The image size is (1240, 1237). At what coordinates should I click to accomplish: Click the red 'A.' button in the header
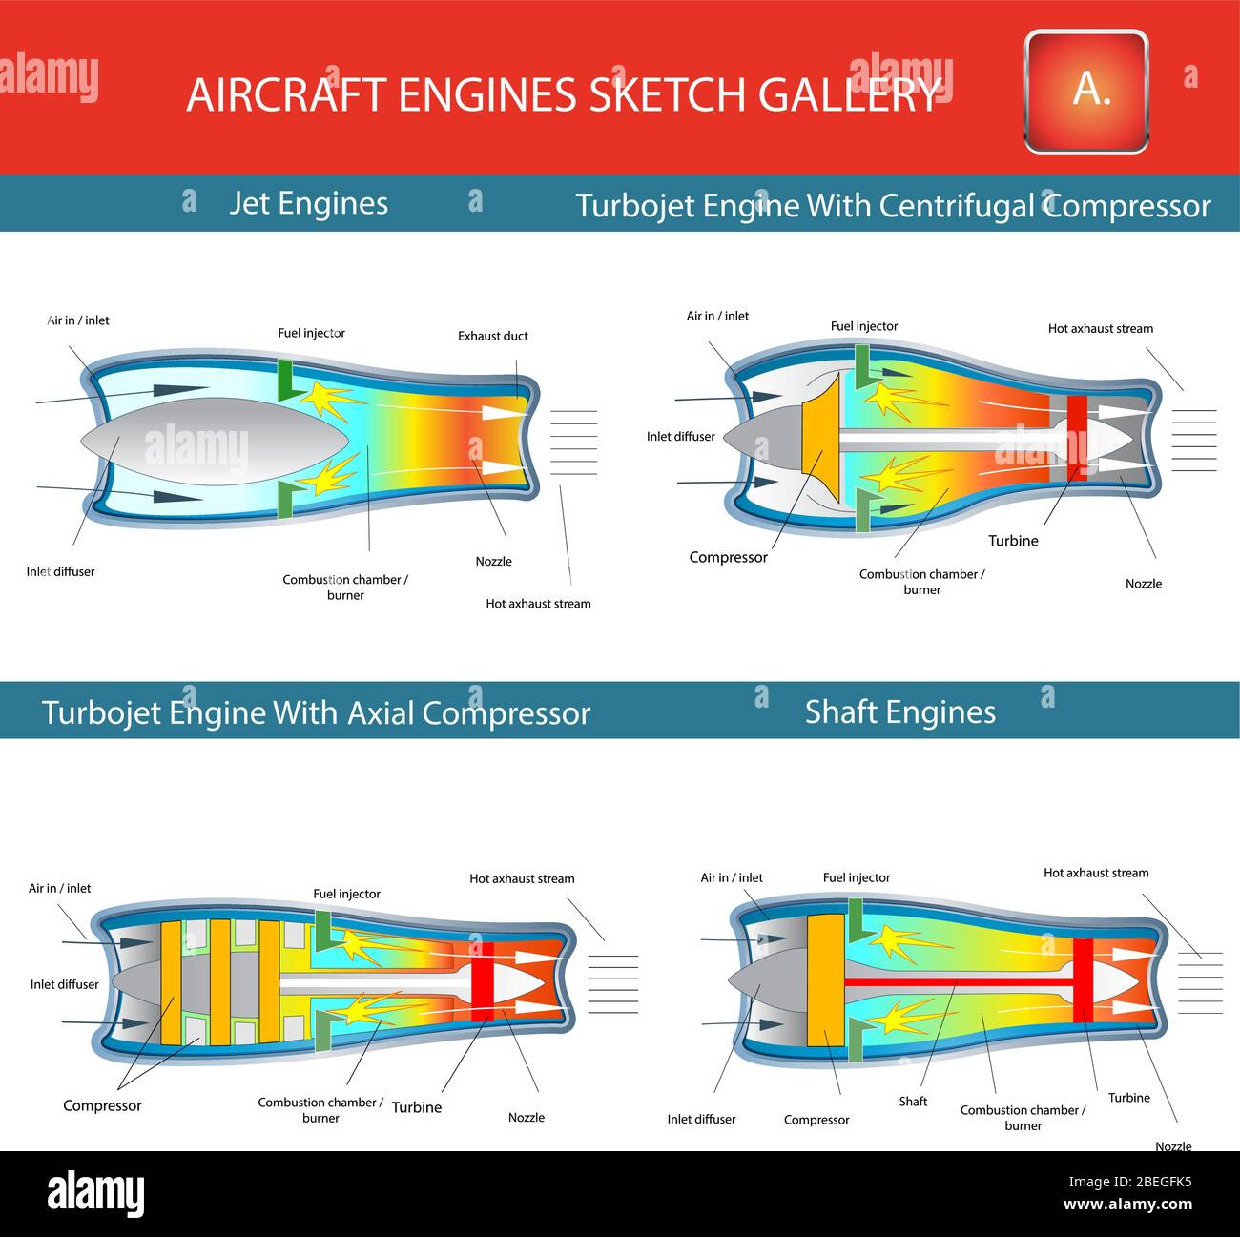[x=1085, y=91]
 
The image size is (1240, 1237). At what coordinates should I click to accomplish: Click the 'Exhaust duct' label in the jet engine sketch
[x=492, y=336]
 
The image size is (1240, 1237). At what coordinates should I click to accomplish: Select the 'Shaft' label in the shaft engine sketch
[x=913, y=1102]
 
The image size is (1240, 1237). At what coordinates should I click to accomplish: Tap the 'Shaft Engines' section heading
[x=899, y=712]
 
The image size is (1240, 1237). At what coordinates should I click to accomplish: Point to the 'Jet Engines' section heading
[x=308, y=203]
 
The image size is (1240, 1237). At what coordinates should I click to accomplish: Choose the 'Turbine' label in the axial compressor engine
[x=417, y=1107]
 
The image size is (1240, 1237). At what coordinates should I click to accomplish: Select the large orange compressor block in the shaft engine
[x=825, y=980]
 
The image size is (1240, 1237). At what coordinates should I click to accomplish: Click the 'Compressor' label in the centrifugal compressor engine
[x=728, y=558]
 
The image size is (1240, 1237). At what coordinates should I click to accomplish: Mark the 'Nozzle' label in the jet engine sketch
[x=493, y=562]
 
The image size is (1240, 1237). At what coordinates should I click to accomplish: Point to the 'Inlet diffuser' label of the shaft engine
[x=701, y=1120]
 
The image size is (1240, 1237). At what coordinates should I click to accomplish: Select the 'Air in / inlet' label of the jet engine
[x=78, y=320]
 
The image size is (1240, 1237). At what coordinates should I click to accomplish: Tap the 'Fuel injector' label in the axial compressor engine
[x=346, y=894]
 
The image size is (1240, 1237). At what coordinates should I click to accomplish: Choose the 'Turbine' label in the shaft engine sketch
[x=1128, y=1098]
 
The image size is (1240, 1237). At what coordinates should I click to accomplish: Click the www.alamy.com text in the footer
[x=1127, y=1205]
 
